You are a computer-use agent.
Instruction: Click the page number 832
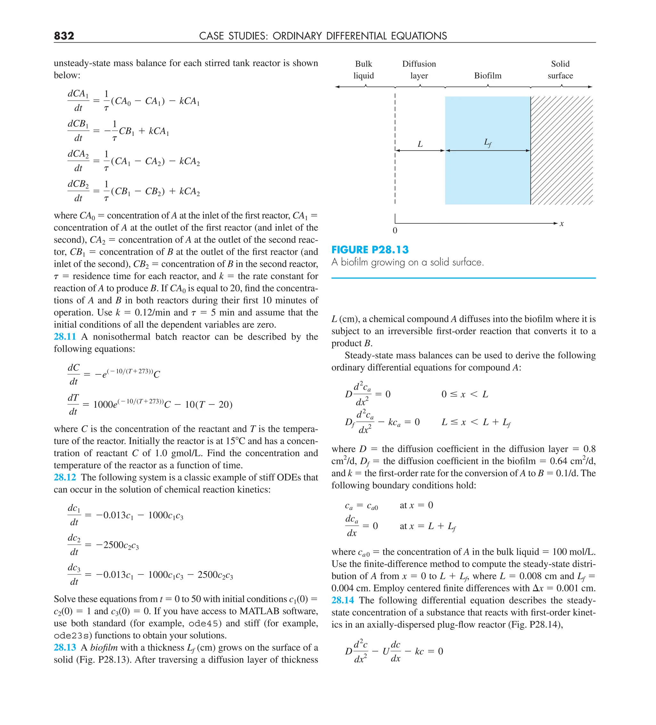point(64,36)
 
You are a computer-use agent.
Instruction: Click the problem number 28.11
point(65,337)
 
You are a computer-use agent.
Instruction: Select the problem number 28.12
point(65,477)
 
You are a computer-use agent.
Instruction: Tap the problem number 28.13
point(65,647)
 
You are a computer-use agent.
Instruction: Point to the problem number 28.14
point(342,600)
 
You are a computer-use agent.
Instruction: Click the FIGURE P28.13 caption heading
point(370,250)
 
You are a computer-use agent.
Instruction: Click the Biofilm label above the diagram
point(488,76)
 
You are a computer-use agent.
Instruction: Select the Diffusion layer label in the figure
point(419,70)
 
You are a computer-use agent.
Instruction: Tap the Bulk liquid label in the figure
point(364,70)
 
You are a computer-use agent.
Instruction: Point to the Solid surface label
point(560,70)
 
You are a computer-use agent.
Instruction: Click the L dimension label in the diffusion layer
point(420,144)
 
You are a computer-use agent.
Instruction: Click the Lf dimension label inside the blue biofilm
point(488,143)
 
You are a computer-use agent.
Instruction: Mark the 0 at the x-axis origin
point(395,230)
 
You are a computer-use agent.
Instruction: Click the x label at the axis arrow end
point(562,224)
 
